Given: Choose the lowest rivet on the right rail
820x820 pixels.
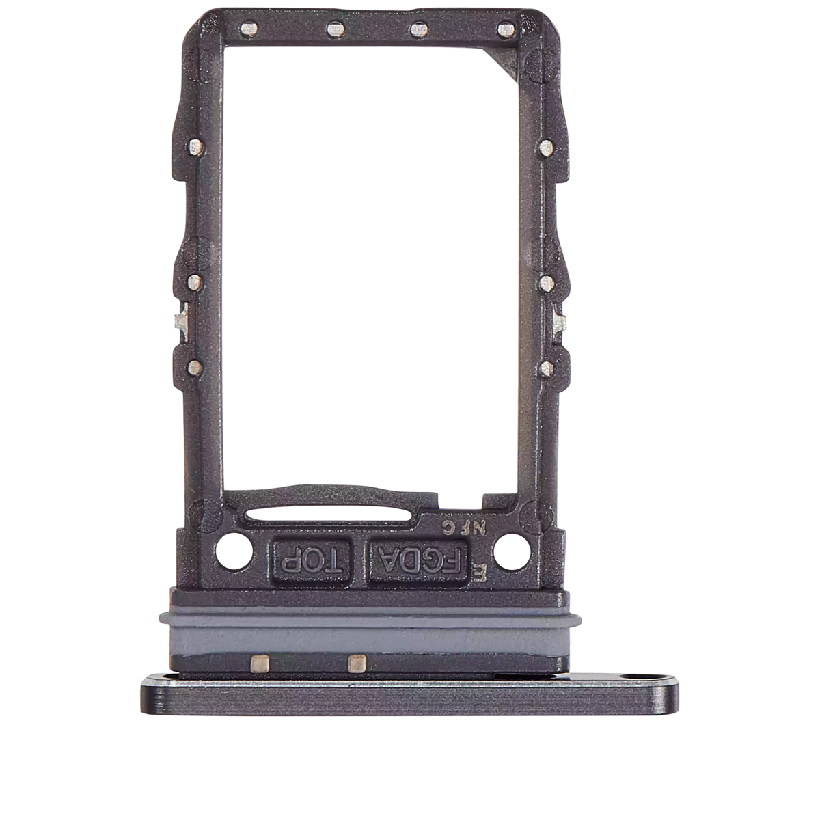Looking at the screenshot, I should [546, 369].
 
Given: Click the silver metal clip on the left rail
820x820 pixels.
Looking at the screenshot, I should [179, 321].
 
